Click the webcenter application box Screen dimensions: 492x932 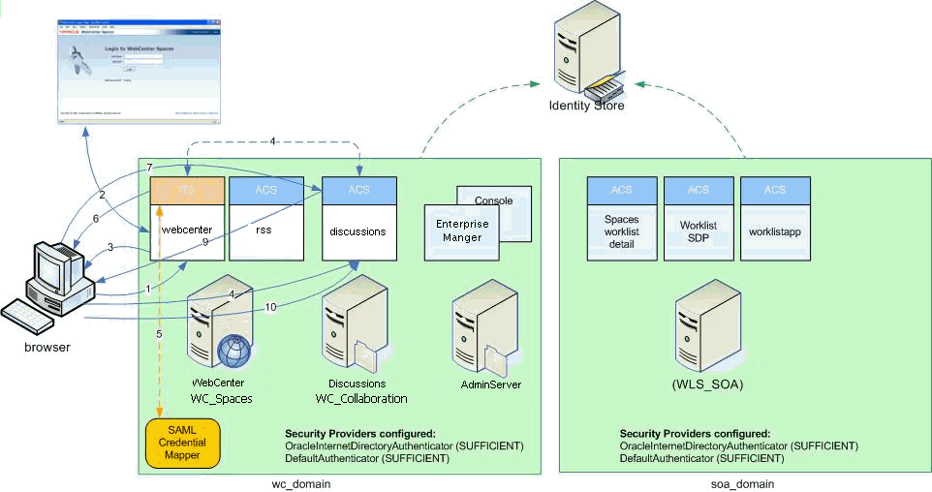coord(188,231)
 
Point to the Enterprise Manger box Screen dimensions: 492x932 coord(462,231)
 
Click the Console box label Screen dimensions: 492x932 coord(494,200)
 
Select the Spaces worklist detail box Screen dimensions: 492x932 coord(621,231)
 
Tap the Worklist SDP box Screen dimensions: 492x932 coord(698,231)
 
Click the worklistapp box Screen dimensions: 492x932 coord(775,231)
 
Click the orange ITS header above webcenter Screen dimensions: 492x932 coord(188,190)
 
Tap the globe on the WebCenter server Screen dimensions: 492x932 coord(233,352)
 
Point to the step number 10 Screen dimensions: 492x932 coord(270,307)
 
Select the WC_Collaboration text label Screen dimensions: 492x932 coord(361,399)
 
